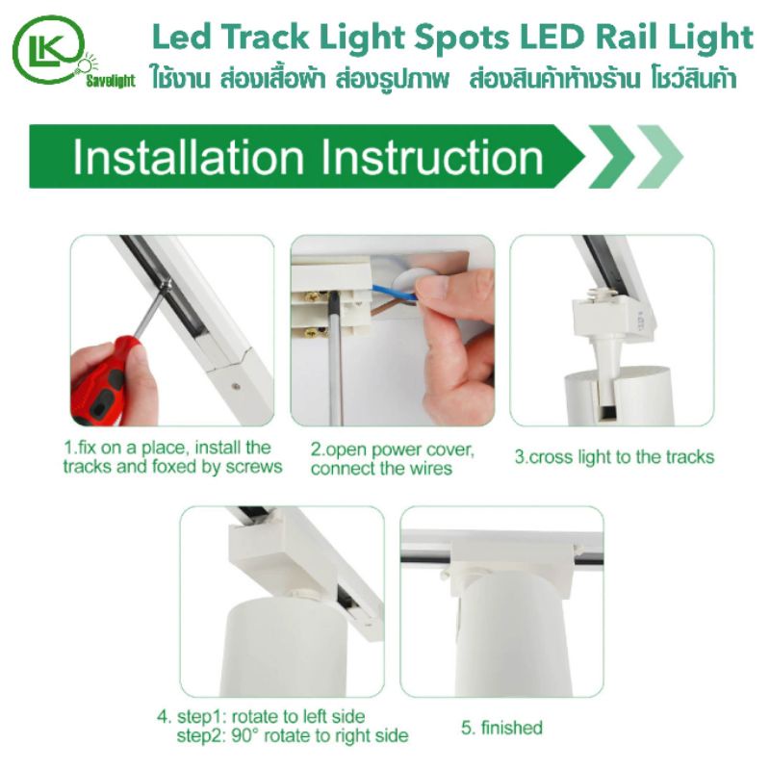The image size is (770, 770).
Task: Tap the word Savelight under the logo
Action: (111, 81)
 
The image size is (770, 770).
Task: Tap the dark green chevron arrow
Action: (612, 157)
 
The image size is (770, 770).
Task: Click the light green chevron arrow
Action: (660, 157)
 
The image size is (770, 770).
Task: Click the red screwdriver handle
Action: (101, 382)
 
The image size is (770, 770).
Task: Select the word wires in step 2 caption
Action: (429, 469)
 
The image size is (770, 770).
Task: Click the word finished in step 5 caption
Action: (512, 728)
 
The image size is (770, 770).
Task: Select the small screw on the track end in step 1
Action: (235, 387)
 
